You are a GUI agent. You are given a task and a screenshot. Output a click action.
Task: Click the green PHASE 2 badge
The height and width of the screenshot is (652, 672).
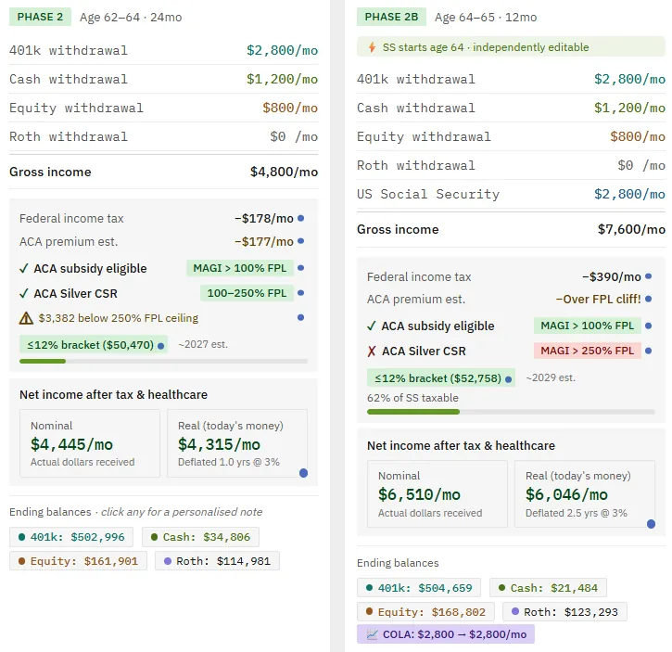pyautogui.click(x=40, y=17)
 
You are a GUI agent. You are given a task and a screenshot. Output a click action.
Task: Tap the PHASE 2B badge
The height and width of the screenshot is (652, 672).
pyautogui.click(x=391, y=17)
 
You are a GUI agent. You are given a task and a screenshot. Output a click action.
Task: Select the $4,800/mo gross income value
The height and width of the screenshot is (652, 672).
pyautogui.click(x=284, y=172)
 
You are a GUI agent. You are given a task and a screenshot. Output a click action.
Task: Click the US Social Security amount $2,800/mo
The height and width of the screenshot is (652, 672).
pyautogui.click(x=629, y=194)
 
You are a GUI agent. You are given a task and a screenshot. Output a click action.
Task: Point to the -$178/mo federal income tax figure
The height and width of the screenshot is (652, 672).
pyautogui.click(x=264, y=218)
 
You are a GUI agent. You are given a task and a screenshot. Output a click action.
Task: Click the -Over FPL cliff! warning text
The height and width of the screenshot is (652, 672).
pyautogui.click(x=598, y=299)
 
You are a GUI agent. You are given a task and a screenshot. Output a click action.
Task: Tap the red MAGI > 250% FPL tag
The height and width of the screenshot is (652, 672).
pyautogui.click(x=587, y=351)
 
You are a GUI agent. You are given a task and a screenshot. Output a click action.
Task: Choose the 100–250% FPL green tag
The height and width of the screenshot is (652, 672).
pyautogui.click(x=247, y=293)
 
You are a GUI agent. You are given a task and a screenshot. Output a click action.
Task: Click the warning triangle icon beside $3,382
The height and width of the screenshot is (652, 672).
pyautogui.click(x=26, y=318)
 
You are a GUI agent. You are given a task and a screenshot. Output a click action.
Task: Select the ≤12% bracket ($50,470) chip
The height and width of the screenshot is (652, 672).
pyautogui.click(x=94, y=344)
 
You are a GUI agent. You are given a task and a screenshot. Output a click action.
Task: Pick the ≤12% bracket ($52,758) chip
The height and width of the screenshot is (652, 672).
pyautogui.click(x=441, y=377)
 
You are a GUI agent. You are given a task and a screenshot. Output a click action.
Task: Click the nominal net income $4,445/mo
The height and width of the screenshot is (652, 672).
pyautogui.click(x=71, y=444)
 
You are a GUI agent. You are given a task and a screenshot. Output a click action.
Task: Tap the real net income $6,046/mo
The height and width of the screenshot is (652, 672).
pyautogui.click(x=566, y=494)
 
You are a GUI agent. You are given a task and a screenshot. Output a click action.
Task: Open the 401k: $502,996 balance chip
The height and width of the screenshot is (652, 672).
pyautogui.click(x=71, y=537)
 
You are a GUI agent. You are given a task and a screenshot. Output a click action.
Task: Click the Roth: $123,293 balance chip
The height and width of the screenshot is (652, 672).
pyautogui.click(x=564, y=612)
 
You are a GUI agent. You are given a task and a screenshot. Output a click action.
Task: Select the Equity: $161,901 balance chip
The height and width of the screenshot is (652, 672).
pyautogui.click(x=78, y=561)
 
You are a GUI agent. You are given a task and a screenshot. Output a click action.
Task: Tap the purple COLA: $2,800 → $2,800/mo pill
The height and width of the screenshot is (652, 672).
pyautogui.click(x=446, y=634)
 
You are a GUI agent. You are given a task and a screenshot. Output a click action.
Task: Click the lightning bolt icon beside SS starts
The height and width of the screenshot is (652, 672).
pyautogui.click(x=372, y=47)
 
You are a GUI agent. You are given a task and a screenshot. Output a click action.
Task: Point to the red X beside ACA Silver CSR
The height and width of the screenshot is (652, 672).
pyautogui.click(x=372, y=352)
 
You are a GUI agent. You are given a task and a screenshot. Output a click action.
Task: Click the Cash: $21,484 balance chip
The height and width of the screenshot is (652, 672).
pyautogui.click(x=548, y=588)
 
